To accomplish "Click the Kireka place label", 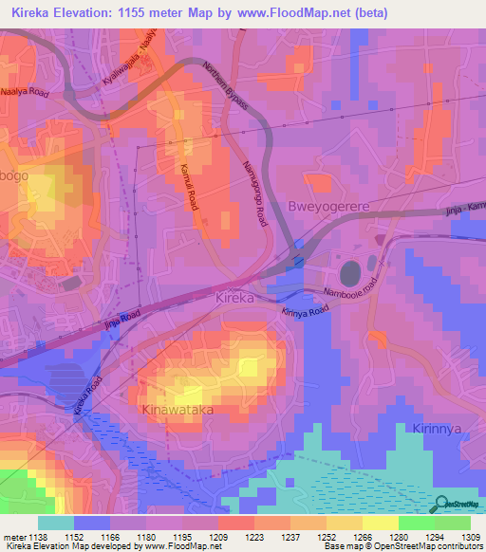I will coord(234,298).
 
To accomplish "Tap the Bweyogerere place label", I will coord(327,206).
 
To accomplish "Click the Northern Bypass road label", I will coord(225,85).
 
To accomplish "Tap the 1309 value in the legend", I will coord(470,536).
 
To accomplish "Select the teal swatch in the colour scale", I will coord(55,522).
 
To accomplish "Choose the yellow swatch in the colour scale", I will coord(380,522).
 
